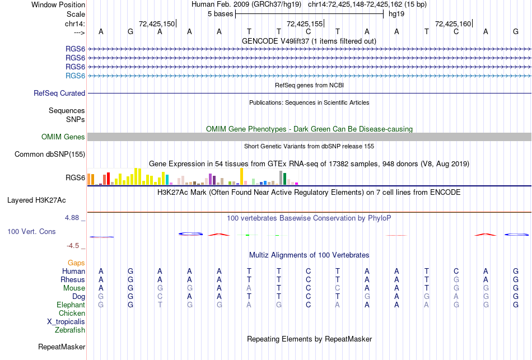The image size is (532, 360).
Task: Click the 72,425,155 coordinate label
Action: click(x=305, y=24)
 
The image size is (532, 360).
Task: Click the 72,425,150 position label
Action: click(x=157, y=24)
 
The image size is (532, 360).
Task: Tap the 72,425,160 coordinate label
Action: click(x=453, y=24)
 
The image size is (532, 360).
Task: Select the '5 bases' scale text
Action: click(x=218, y=13)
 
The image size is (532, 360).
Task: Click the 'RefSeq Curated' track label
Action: click(x=59, y=93)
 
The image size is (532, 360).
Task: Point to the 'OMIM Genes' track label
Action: click(x=63, y=137)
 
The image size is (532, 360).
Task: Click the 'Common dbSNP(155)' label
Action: click(x=50, y=155)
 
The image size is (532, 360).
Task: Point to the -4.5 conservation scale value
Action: click(x=73, y=245)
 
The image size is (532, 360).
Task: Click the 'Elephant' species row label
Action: click(x=71, y=305)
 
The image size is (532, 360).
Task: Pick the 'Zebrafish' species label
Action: click(x=69, y=330)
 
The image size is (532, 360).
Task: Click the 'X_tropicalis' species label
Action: click(x=66, y=322)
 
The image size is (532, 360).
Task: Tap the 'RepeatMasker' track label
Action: click(x=62, y=347)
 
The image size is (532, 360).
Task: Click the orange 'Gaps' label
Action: click(x=76, y=263)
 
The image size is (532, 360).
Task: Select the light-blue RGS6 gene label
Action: click(x=75, y=76)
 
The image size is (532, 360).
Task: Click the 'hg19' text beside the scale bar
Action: click(x=396, y=13)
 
